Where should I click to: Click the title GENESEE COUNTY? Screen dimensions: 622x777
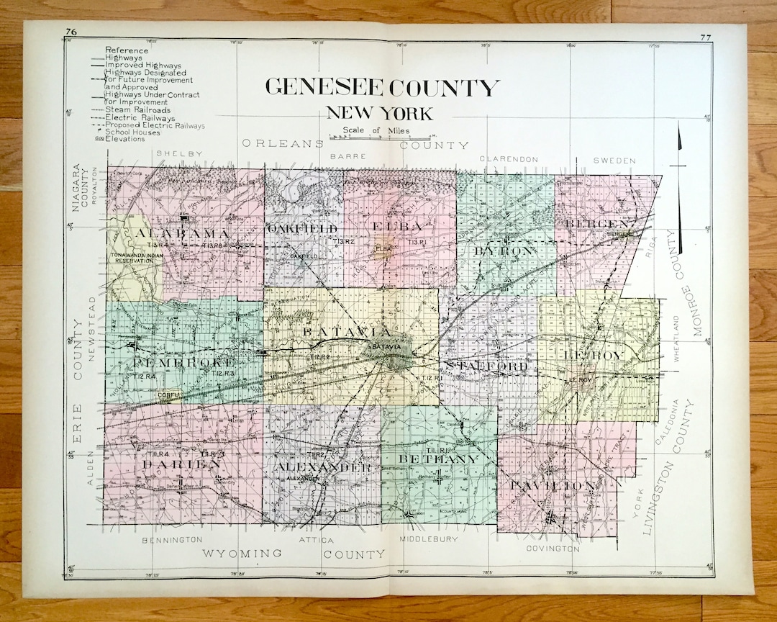coord(382,88)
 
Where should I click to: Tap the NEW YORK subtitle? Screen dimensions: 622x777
coord(379,113)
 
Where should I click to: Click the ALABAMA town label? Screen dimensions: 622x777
coord(182,234)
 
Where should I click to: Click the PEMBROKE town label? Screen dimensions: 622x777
coord(184,361)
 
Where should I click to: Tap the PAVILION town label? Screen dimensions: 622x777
coord(553,486)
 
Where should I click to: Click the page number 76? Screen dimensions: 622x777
coord(71,31)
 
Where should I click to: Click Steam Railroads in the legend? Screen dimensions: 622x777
coord(138,110)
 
